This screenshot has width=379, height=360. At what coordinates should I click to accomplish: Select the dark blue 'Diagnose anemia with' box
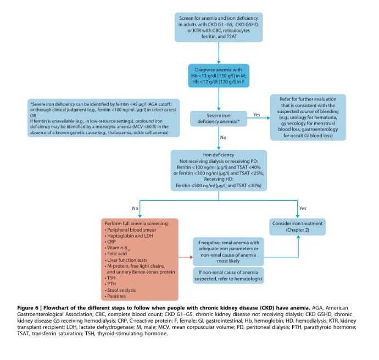[x=219, y=77]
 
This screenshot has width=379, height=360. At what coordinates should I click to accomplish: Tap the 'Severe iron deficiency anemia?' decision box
[x=219, y=119]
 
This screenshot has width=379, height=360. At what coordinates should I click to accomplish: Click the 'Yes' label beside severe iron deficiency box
[x=256, y=115]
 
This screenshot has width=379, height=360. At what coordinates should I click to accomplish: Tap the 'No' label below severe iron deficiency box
[x=222, y=138]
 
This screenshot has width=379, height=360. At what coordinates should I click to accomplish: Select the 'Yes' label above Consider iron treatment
[x=302, y=208]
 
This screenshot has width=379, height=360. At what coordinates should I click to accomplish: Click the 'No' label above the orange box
[x=135, y=208]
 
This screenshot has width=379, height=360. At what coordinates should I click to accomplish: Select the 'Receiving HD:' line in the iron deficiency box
[x=219, y=179]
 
